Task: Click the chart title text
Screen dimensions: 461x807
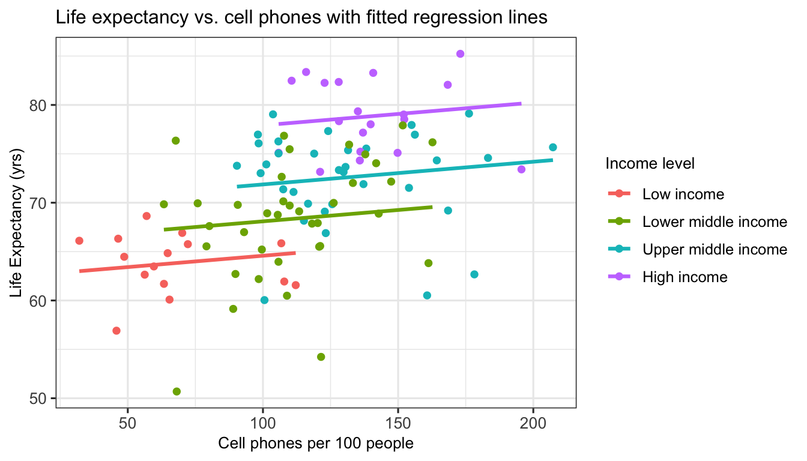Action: [301, 18]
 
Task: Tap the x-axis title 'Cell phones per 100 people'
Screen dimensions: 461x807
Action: [316, 444]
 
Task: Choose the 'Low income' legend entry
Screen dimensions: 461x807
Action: [683, 194]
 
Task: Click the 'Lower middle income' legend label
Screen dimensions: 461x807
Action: [715, 222]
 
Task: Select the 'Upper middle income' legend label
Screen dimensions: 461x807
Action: [715, 249]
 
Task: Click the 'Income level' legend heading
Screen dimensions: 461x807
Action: [650, 163]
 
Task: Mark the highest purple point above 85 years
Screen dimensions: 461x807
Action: [461, 54]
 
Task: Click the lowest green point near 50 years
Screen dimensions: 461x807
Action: [177, 391]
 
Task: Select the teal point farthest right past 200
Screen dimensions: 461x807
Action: [553, 147]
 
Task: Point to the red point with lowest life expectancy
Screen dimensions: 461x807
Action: [116, 331]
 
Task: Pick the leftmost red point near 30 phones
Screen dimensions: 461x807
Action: [79, 241]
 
